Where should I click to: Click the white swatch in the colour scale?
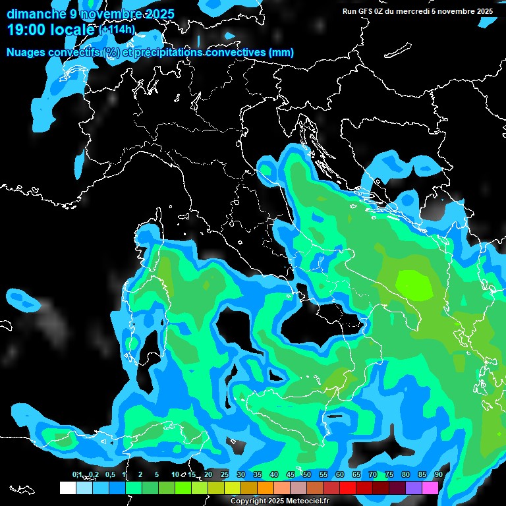(x=67, y=488)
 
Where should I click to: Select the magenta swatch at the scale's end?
(x=430, y=488)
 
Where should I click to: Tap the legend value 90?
(x=438, y=474)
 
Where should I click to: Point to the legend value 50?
(x=306, y=474)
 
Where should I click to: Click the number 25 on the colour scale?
(x=224, y=474)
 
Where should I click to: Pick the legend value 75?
(x=389, y=474)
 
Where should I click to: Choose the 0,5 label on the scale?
(x=109, y=474)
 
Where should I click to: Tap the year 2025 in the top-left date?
(x=159, y=14)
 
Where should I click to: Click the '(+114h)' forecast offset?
(x=117, y=29)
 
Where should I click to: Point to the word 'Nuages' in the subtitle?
(x=26, y=52)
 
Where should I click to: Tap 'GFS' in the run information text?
(x=366, y=11)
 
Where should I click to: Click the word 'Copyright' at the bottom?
(x=248, y=501)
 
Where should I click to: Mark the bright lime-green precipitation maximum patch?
(x=414, y=283)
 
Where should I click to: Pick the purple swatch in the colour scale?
(x=413, y=488)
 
